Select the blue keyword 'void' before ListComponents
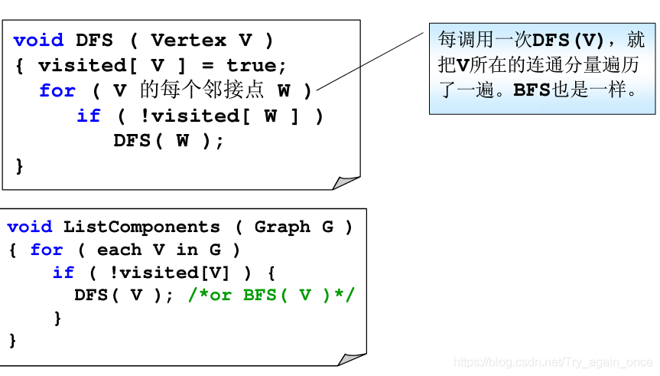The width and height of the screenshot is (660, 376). click(x=30, y=227)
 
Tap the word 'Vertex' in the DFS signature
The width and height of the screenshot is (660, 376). click(x=188, y=41)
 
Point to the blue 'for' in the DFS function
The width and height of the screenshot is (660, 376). click(x=57, y=91)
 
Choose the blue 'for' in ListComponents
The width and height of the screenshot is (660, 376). click(x=47, y=250)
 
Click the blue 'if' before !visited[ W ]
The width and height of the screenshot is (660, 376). click(x=89, y=116)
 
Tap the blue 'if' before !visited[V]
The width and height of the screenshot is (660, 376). click(x=63, y=273)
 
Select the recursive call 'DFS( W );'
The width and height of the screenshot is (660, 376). click(x=168, y=142)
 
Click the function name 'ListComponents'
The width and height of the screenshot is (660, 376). click(x=141, y=227)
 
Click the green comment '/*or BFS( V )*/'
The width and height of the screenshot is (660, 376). click(x=271, y=296)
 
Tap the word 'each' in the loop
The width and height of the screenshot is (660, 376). click(x=119, y=250)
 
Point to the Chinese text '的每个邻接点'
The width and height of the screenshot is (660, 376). click(x=202, y=91)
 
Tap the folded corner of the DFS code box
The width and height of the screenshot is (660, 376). click(x=346, y=181)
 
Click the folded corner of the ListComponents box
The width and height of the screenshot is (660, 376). click(x=351, y=358)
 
